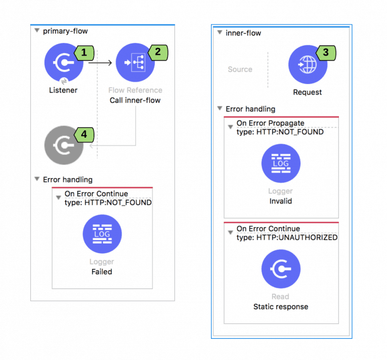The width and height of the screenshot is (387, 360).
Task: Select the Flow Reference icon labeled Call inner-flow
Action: [135, 63]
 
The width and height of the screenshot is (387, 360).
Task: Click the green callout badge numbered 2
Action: [158, 53]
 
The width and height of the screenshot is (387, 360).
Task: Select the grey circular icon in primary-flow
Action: [63, 146]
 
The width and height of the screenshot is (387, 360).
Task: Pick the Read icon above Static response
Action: [281, 269]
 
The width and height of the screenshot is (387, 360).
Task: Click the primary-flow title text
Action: [65, 31]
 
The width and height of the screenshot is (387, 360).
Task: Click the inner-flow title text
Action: [244, 33]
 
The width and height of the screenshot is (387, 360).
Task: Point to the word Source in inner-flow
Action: [240, 69]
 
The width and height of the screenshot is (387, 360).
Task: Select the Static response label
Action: [281, 307]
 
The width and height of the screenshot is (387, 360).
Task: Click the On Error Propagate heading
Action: [270, 123]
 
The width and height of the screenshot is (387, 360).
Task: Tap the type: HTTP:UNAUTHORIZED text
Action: [287, 238]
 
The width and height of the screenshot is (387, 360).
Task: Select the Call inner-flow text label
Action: [135, 100]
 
